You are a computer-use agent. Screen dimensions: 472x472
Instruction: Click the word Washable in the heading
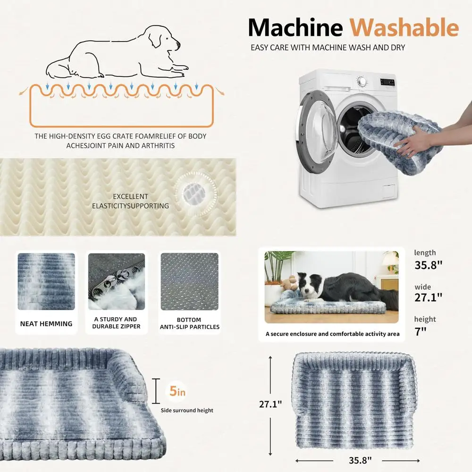404,28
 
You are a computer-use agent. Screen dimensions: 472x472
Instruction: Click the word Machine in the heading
295,28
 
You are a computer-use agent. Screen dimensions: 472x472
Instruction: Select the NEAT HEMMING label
46,324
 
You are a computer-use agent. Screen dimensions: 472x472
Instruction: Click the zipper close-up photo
117,281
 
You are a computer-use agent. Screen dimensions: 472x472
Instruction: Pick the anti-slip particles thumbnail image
189,281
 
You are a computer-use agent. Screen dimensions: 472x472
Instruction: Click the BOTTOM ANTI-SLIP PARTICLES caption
189,323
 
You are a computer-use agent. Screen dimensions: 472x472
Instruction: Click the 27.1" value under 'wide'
428,298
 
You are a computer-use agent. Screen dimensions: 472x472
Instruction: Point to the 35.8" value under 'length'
428,265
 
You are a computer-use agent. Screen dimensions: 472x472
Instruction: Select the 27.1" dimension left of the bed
271,404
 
